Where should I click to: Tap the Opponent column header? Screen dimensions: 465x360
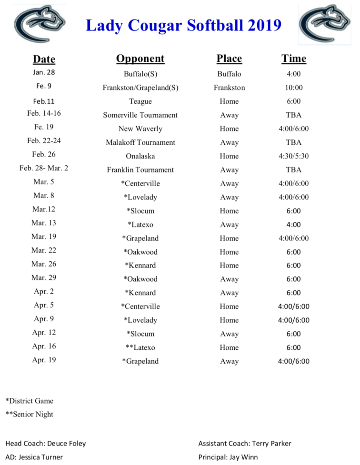point(140,59)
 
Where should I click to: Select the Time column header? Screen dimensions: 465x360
point(293,59)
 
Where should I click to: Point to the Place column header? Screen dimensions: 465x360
point(229,59)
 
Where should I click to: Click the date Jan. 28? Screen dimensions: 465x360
point(44,73)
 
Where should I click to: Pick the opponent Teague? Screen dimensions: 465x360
point(140,101)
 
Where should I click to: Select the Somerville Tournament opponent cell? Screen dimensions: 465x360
point(140,115)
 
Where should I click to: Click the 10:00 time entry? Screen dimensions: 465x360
point(293,88)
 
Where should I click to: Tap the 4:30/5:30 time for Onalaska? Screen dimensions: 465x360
point(293,156)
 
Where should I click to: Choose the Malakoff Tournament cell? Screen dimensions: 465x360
point(140,142)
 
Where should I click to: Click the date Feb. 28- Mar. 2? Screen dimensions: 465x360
point(44,169)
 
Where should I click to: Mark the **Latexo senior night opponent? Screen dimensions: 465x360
point(140,347)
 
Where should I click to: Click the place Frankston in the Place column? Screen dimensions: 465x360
point(229,88)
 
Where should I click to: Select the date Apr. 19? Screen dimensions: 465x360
point(44,360)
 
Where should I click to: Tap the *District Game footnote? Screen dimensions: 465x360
point(30,401)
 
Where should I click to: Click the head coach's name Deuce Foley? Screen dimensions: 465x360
point(66,444)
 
